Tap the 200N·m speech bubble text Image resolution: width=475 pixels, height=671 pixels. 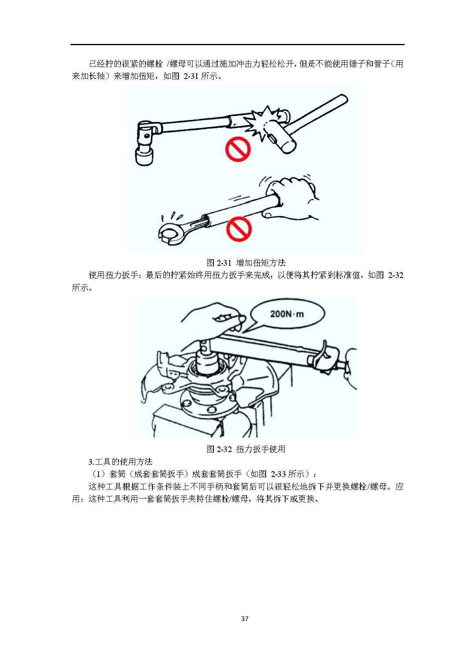pyautogui.click(x=287, y=314)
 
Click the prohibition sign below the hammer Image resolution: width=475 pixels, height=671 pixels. pyautogui.click(x=238, y=149)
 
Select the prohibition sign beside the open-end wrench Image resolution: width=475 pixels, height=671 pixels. pyautogui.click(x=239, y=229)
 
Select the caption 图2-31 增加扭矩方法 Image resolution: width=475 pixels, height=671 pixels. pyautogui.click(x=246, y=263)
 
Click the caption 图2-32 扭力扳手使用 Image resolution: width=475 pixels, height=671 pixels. pyautogui.click(x=246, y=449)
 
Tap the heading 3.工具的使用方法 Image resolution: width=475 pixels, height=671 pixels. pyautogui.click(x=120, y=461)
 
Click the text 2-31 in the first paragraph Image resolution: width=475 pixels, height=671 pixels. pyautogui.click(x=191, y=76)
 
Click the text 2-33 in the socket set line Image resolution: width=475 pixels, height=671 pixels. pyautogui.click(x=278, y=474)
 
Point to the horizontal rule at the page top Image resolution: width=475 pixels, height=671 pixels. pyautogui.click(x=237, y=45)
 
